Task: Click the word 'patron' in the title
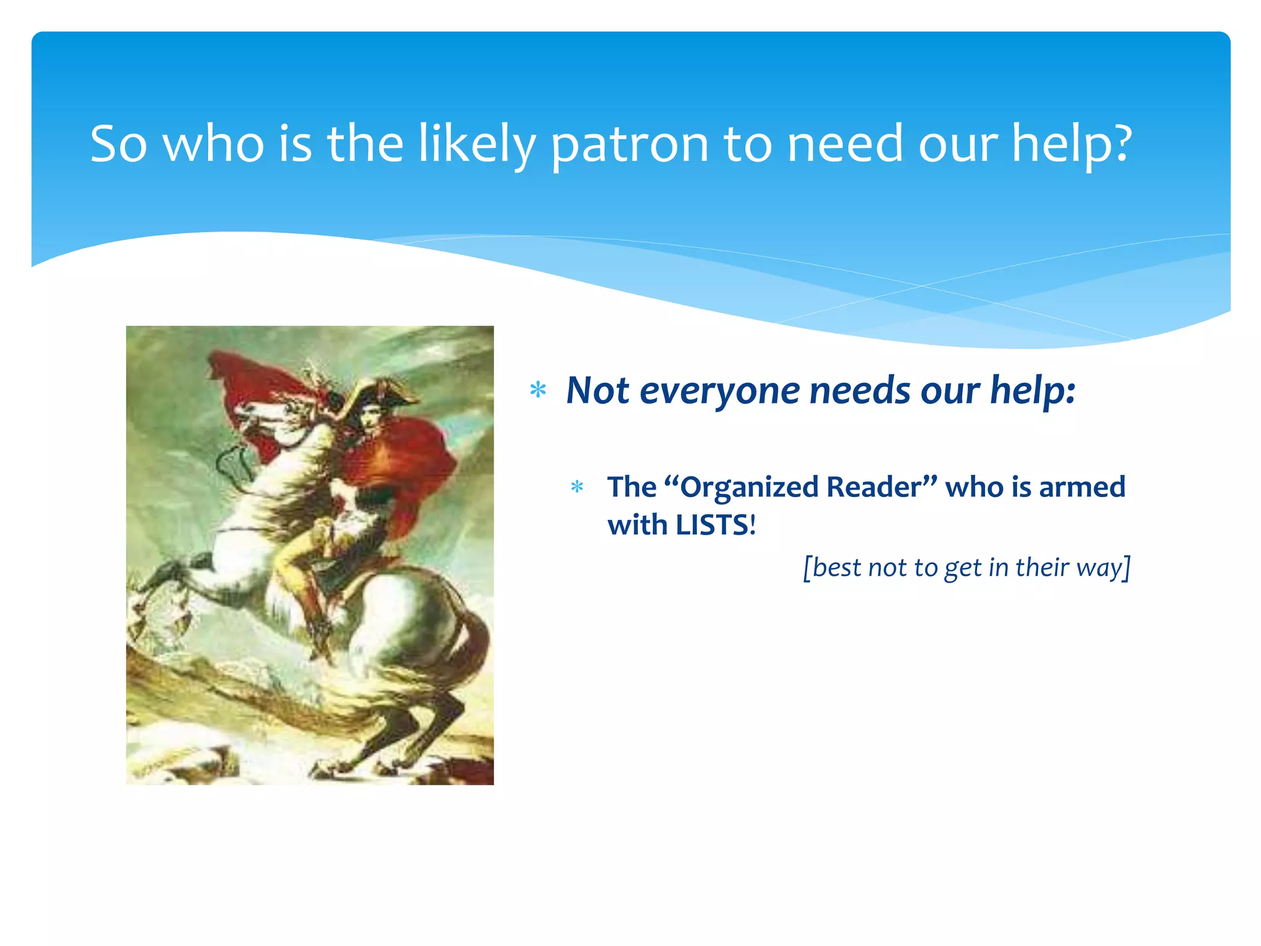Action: (629, 145)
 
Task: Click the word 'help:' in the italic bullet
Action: (1033, 390)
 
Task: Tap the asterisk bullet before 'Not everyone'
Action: (538, 390)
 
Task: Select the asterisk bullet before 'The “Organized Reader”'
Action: (577, 487)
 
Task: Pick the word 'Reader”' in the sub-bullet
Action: (882, 487)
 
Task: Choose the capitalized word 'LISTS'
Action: (712, 525)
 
